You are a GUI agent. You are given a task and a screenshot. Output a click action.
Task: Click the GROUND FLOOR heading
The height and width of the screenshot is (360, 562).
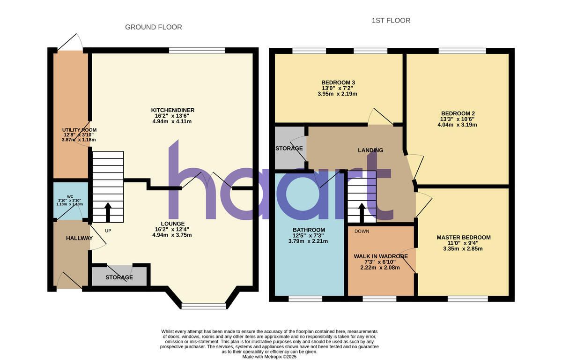click(x=153, y=27)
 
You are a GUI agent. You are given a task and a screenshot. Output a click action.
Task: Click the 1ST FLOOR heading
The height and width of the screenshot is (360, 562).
click(x=391, y=21)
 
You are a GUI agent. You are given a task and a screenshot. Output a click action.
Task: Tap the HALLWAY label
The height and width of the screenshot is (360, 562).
click(x=79, y=238)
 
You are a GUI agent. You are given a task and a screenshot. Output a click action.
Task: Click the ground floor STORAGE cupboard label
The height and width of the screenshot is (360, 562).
click(x=119, y=277)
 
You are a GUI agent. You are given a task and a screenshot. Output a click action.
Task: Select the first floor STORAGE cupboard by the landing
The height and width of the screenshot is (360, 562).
click(x=289, y=149)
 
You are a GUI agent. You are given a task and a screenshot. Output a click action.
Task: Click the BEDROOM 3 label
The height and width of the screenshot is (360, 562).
click(x=338, y=82)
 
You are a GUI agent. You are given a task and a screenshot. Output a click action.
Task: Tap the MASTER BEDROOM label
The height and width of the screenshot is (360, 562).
click(x=463, y=238)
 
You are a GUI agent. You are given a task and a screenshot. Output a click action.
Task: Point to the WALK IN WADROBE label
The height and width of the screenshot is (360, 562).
click(x=380, y=256)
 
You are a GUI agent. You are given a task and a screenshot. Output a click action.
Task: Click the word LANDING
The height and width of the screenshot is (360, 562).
click(x=370, y=150)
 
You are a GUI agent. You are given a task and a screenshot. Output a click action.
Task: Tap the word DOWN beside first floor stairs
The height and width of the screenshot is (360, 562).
click(x=362, y=231)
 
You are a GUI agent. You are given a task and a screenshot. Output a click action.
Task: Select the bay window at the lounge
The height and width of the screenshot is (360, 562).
click(x=204, y=306)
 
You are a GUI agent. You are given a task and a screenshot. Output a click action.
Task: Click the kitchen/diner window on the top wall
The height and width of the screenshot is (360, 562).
click(x=197, y=50)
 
